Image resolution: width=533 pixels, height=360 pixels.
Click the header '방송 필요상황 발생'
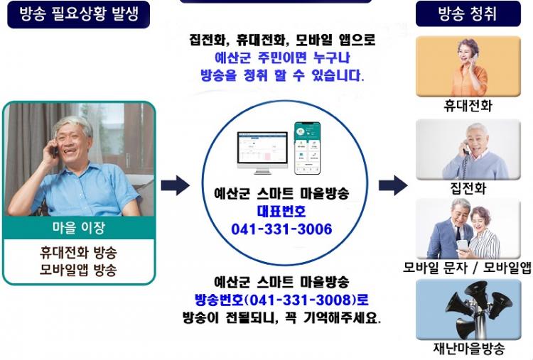point(78,15)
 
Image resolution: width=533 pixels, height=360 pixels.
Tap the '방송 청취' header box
point(468,14)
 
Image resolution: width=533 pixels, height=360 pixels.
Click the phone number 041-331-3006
point(281,229)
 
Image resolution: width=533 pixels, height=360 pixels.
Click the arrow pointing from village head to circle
point(175,185)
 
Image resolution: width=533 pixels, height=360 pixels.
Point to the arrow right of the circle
point(393,185)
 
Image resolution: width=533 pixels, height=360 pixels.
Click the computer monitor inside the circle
point(262,153)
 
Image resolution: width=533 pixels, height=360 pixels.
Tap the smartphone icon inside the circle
point(307,148)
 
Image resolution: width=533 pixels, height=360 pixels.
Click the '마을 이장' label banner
point(78,227)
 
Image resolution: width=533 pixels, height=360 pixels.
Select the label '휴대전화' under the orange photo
point(468,106)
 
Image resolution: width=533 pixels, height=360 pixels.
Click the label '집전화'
point(468,188)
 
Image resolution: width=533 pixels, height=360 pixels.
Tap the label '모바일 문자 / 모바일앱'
point(468,268)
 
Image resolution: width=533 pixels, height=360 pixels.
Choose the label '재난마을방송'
point(469,348)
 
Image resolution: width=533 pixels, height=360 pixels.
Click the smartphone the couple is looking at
point(462,246)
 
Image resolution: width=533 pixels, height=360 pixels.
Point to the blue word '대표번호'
point(281,212)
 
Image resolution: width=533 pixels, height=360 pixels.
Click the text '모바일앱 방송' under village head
point(78,270)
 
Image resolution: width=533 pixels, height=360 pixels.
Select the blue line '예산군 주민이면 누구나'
point(282,58)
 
